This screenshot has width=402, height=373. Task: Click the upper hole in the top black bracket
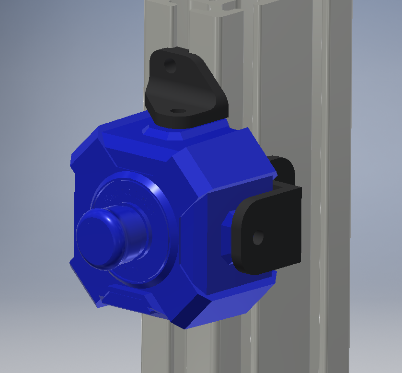click(x=170, y=65)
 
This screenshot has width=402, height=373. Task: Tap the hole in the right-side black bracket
click(x=258, y=237)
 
